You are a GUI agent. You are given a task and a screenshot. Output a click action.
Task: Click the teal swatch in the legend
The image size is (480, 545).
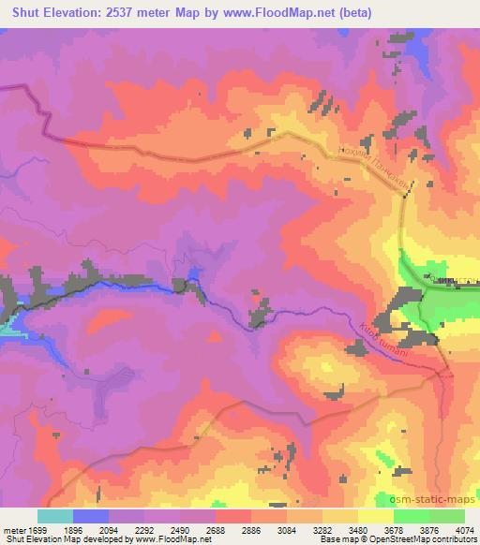(54, 515)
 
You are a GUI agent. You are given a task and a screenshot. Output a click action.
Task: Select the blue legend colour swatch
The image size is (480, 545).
(90, 515)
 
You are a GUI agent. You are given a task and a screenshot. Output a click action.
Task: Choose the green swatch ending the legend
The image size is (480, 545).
(447, 515)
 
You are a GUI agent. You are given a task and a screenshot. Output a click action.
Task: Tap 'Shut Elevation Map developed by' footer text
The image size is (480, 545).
(61, 538)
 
